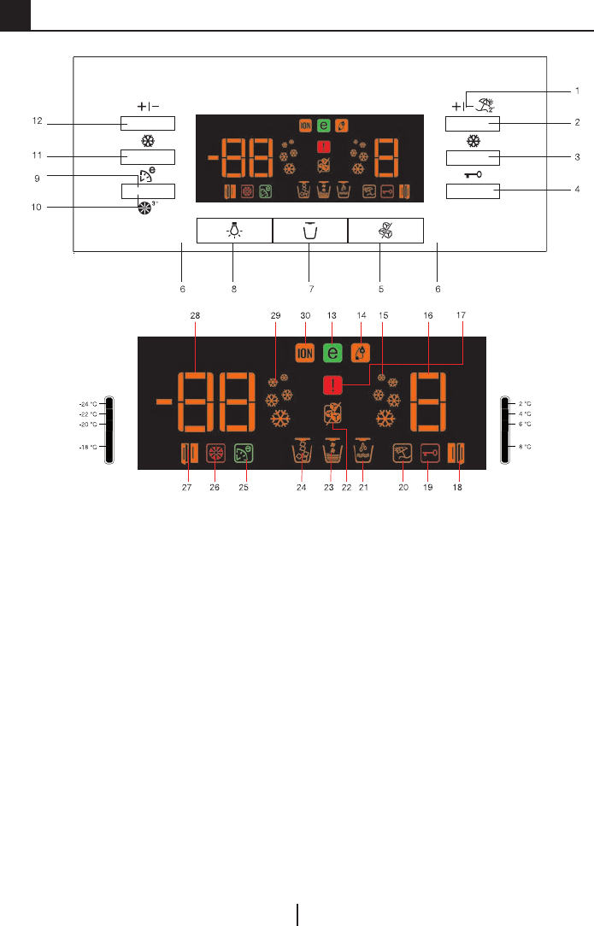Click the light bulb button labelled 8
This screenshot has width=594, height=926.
[x=234, y=231]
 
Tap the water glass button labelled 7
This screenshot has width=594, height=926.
[x=310, y=231]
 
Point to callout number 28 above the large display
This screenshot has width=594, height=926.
[x=194, y=315]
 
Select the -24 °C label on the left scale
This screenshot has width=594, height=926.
[x=89, y=404]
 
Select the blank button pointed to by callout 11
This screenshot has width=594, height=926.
[x=147, y=156]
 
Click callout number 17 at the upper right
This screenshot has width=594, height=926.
[x=462, y=315]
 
